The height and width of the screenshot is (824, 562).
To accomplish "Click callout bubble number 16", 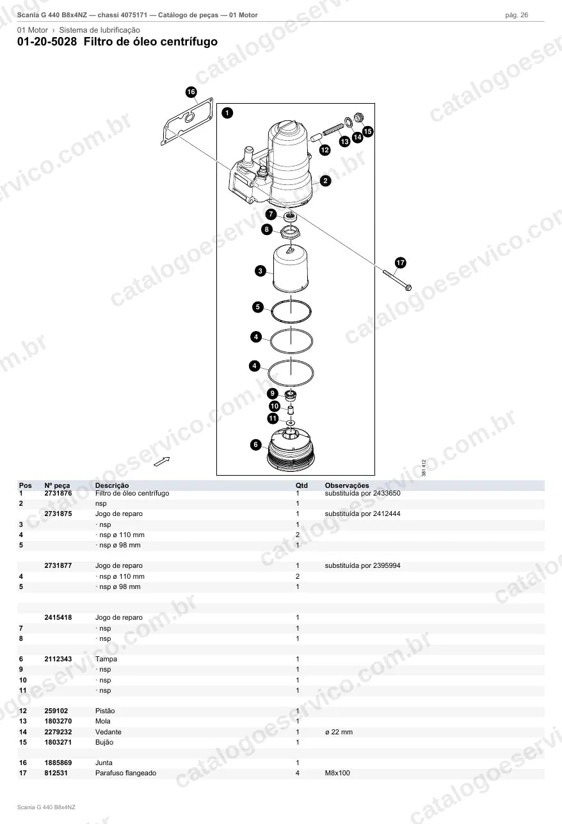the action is pyautogui.click(x=191, y=92).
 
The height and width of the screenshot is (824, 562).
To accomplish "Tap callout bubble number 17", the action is pyautogui.click(x=400, y=263).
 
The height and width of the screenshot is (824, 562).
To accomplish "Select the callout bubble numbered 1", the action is pyautogui.click(x=227, y=113).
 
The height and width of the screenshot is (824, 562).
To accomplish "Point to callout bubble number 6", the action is pyautogui.click(x=255, y=445).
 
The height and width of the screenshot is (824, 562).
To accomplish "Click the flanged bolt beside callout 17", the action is pyautogui.click(x=397, y=280).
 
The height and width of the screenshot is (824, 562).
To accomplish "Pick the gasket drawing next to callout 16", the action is pyautogui.click(x=187, y=122).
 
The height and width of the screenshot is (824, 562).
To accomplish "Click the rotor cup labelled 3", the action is pyautogui.click(x=291, y=268).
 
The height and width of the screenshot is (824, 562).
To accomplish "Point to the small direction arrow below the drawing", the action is pyautogui.click(x=162, y=461).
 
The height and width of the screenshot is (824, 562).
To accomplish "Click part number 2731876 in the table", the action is pyautogui.click(x=58, y=493).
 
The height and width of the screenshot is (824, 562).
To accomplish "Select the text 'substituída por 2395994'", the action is pyautogui.click(x=362, y=566).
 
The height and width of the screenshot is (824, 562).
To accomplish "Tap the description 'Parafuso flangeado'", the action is pyautogui.click(x=125, y=773).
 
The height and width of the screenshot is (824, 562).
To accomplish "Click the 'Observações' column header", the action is pyautogui.click(x=346, y=485).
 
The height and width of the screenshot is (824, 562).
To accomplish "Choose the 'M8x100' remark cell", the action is pyautogui.click(x=337, y=773).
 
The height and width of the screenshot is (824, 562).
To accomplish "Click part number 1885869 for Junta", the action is pyautogui.click(x=58, y=763).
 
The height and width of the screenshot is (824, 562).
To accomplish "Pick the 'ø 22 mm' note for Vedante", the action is pyautogui.click(x=339, y=732).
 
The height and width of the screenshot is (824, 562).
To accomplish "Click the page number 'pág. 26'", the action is pyautogui.click(x=517, y=15).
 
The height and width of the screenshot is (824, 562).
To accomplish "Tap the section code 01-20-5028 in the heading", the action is pyautogui.click(x=47, y=42).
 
